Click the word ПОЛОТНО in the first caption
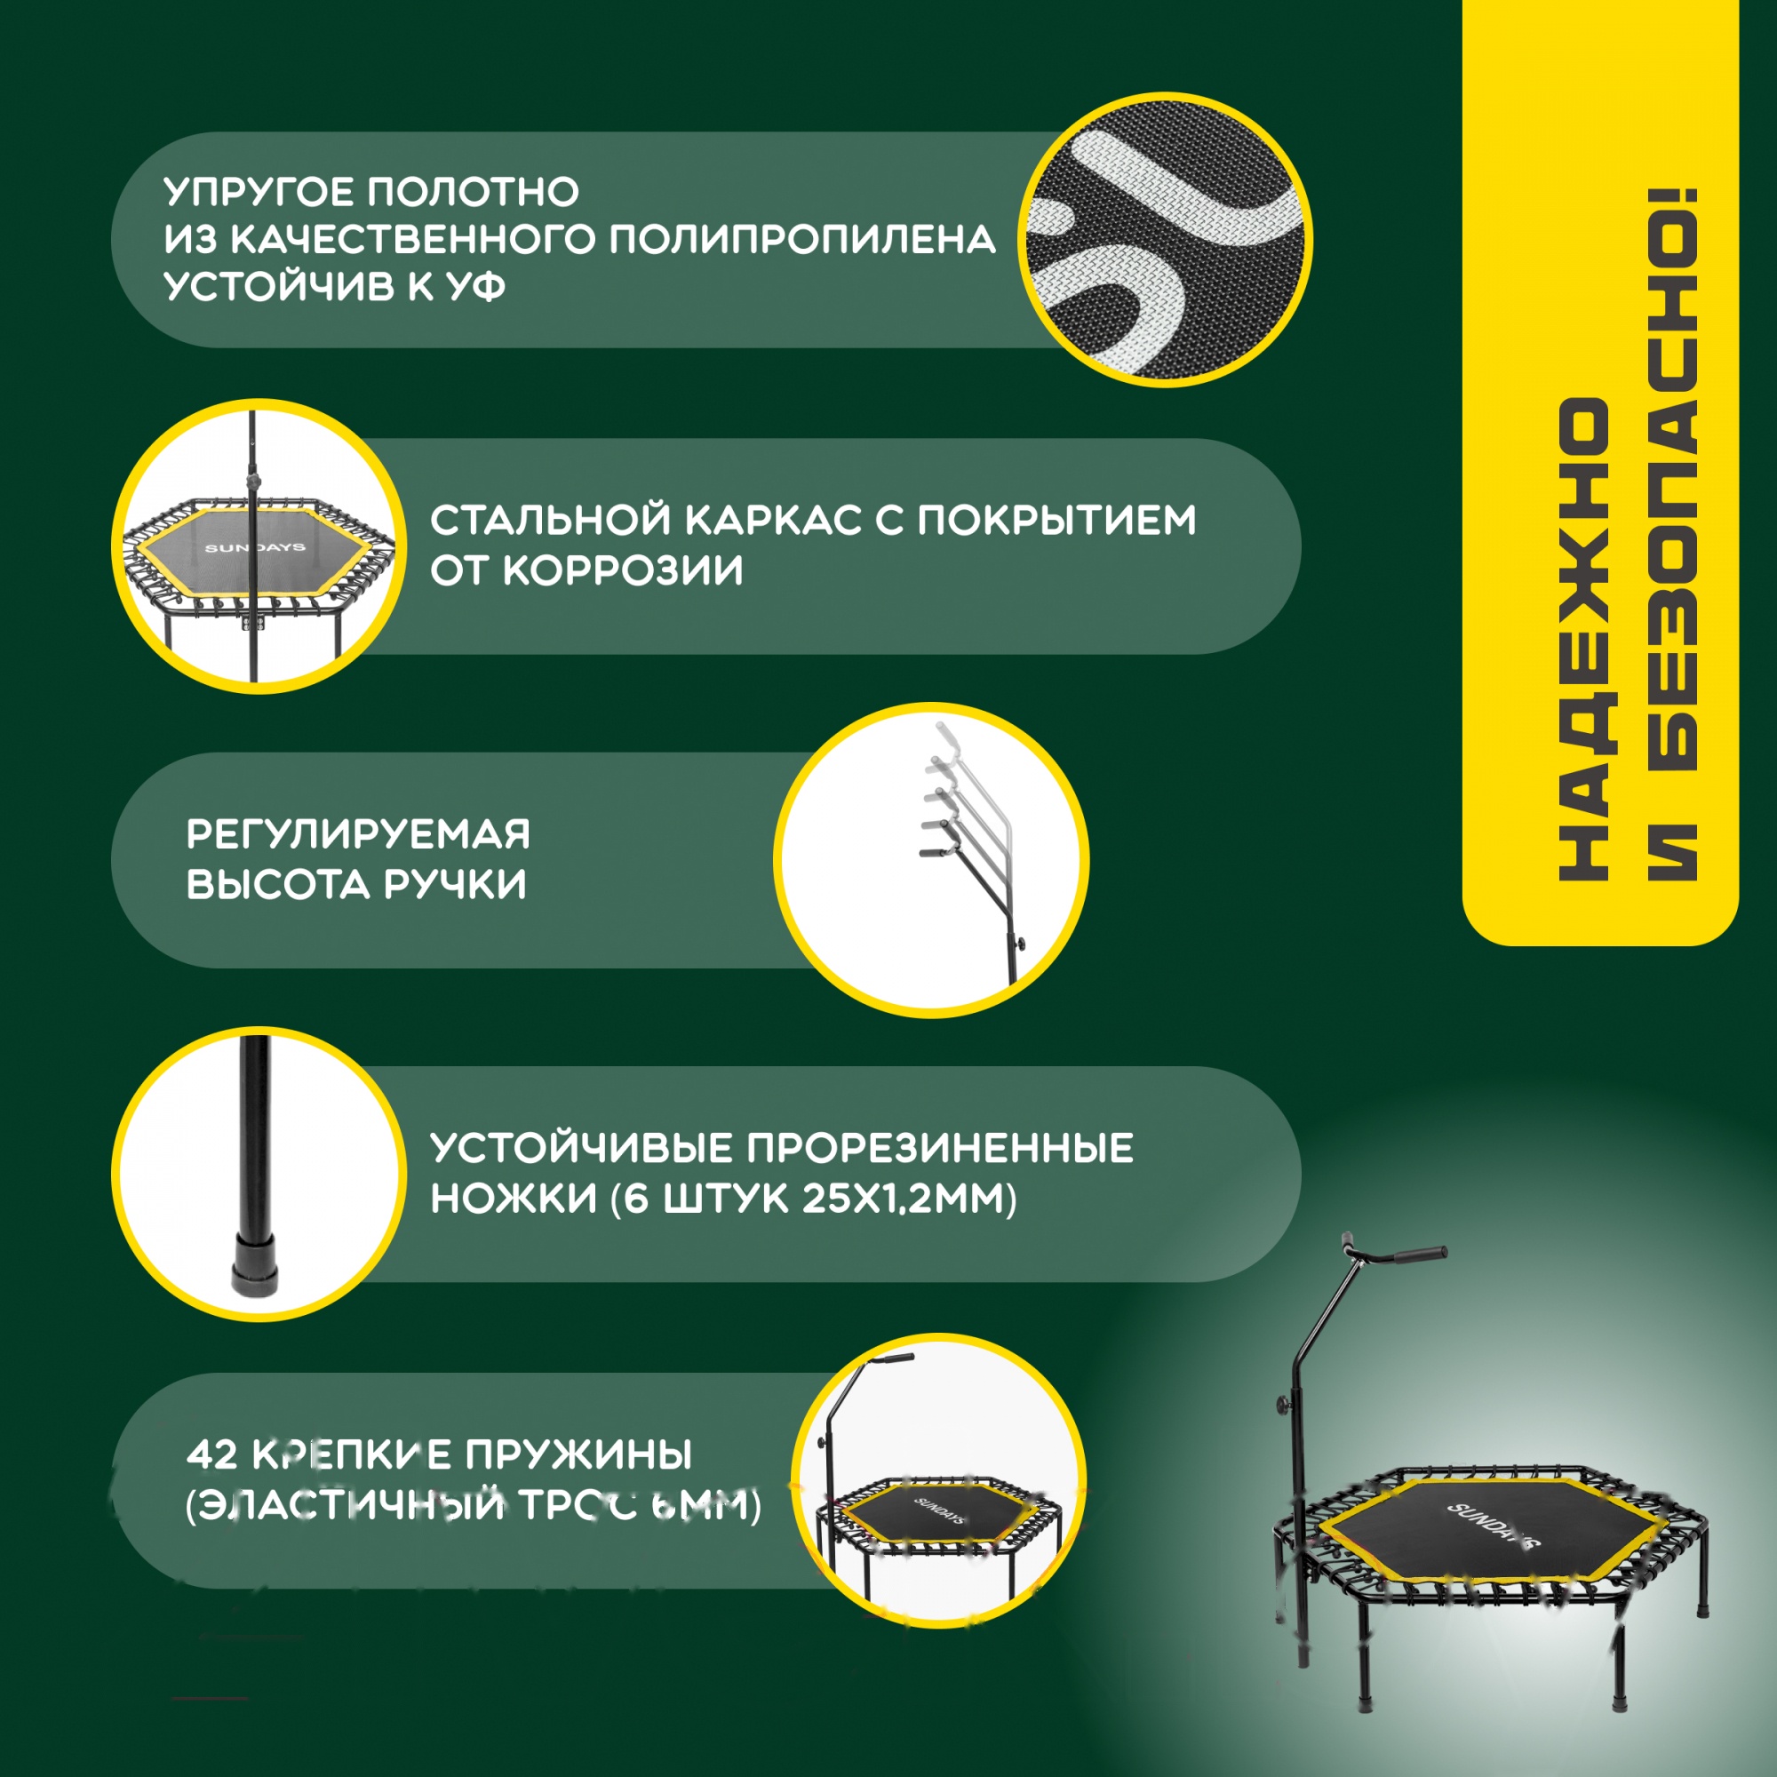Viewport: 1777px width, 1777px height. (473, 192)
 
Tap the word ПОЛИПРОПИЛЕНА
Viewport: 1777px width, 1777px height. (802, 240)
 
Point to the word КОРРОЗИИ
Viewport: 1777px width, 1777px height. (623, 571)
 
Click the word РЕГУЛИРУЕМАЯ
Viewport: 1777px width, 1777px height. (358, 834)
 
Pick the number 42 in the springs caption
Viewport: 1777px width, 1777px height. (212, 1455)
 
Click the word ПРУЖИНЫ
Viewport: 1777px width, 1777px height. (578, 1455)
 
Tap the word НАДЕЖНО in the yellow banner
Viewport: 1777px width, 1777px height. (1584, 639)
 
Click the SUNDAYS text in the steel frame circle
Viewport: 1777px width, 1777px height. (255, 547)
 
